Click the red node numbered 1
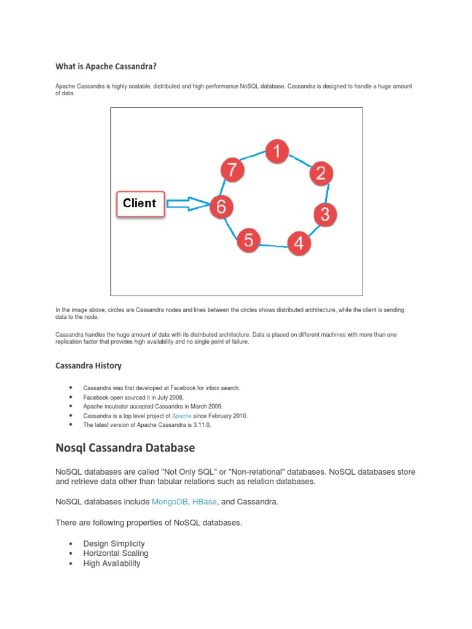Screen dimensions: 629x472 coord(277,151)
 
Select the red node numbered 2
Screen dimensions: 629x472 coord(320,173)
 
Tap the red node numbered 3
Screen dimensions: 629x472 coord(324,214)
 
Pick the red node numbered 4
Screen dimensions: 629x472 coord(298,243)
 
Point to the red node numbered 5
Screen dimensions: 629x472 coord(248,240)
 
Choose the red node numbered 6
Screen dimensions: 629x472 coord(221,207)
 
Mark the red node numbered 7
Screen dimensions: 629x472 coord(232,170)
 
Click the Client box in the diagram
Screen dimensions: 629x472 coord(140,204)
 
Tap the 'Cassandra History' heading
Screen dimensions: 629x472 coord(88,365)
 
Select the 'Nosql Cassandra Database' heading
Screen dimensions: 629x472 coord(125,448)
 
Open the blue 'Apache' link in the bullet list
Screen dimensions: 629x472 coord(181,416)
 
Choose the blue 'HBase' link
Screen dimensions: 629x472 coord(204,502)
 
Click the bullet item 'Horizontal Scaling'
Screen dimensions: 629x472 coord(116,553)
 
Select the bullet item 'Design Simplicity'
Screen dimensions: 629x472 coord(114,544)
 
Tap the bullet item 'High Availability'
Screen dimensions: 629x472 coord(112,563)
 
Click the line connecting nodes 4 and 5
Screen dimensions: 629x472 coord(273,246)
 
